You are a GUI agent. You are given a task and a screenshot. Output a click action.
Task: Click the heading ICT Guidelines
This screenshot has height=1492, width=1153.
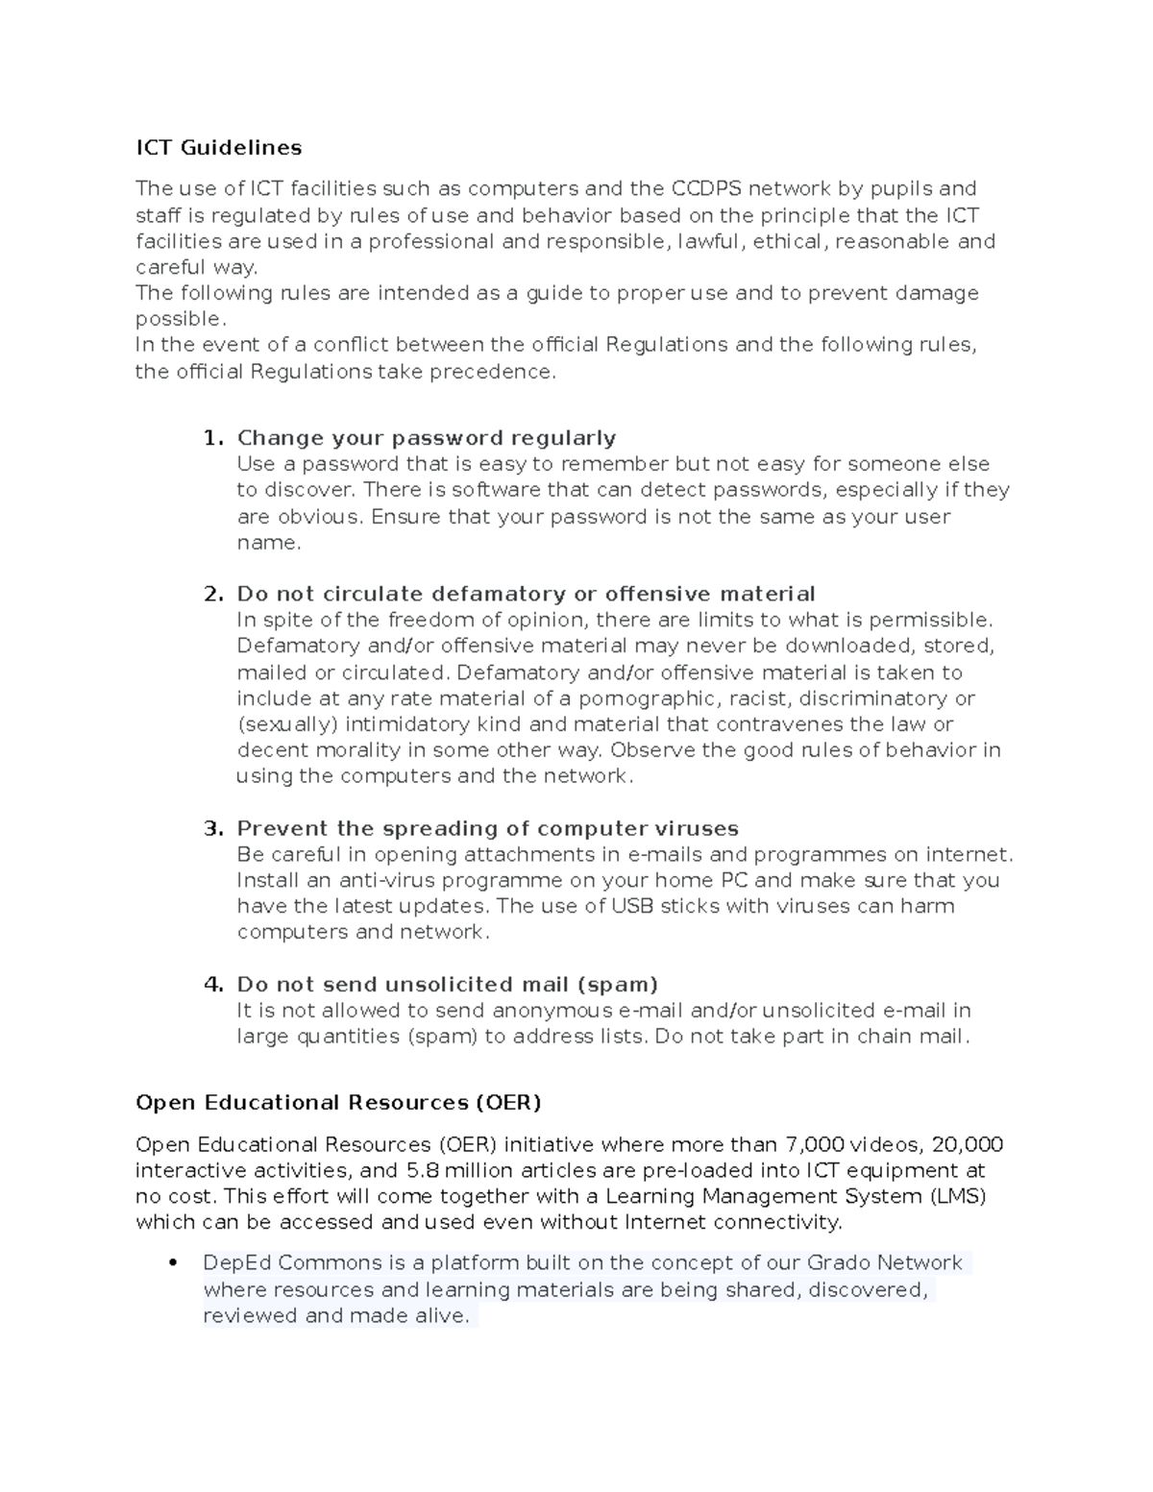tap(218, 147)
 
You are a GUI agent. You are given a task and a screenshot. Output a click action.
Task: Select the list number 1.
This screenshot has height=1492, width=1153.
tap(211, 438)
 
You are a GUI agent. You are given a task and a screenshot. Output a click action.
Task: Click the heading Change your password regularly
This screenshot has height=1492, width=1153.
tap(426, 438)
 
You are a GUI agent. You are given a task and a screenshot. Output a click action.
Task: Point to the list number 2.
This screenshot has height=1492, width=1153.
tap(212, 594)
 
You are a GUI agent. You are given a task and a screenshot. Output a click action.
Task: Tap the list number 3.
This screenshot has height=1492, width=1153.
tap(212, 828)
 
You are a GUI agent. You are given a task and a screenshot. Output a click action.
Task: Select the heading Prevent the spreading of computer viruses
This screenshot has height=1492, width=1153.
tap(487, 828)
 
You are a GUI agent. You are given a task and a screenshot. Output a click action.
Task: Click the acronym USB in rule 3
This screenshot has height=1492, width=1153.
tap(632, 906)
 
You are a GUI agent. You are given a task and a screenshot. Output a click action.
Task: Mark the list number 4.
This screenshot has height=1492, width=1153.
tap(212, 984)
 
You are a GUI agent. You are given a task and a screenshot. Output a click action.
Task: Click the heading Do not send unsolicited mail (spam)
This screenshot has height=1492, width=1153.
tap(447, 984)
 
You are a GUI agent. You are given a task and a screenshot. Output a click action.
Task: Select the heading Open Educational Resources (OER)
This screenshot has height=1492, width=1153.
tap(338, 1102)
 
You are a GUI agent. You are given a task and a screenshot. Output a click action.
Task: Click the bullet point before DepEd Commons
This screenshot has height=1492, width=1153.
tap(174, 1263)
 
